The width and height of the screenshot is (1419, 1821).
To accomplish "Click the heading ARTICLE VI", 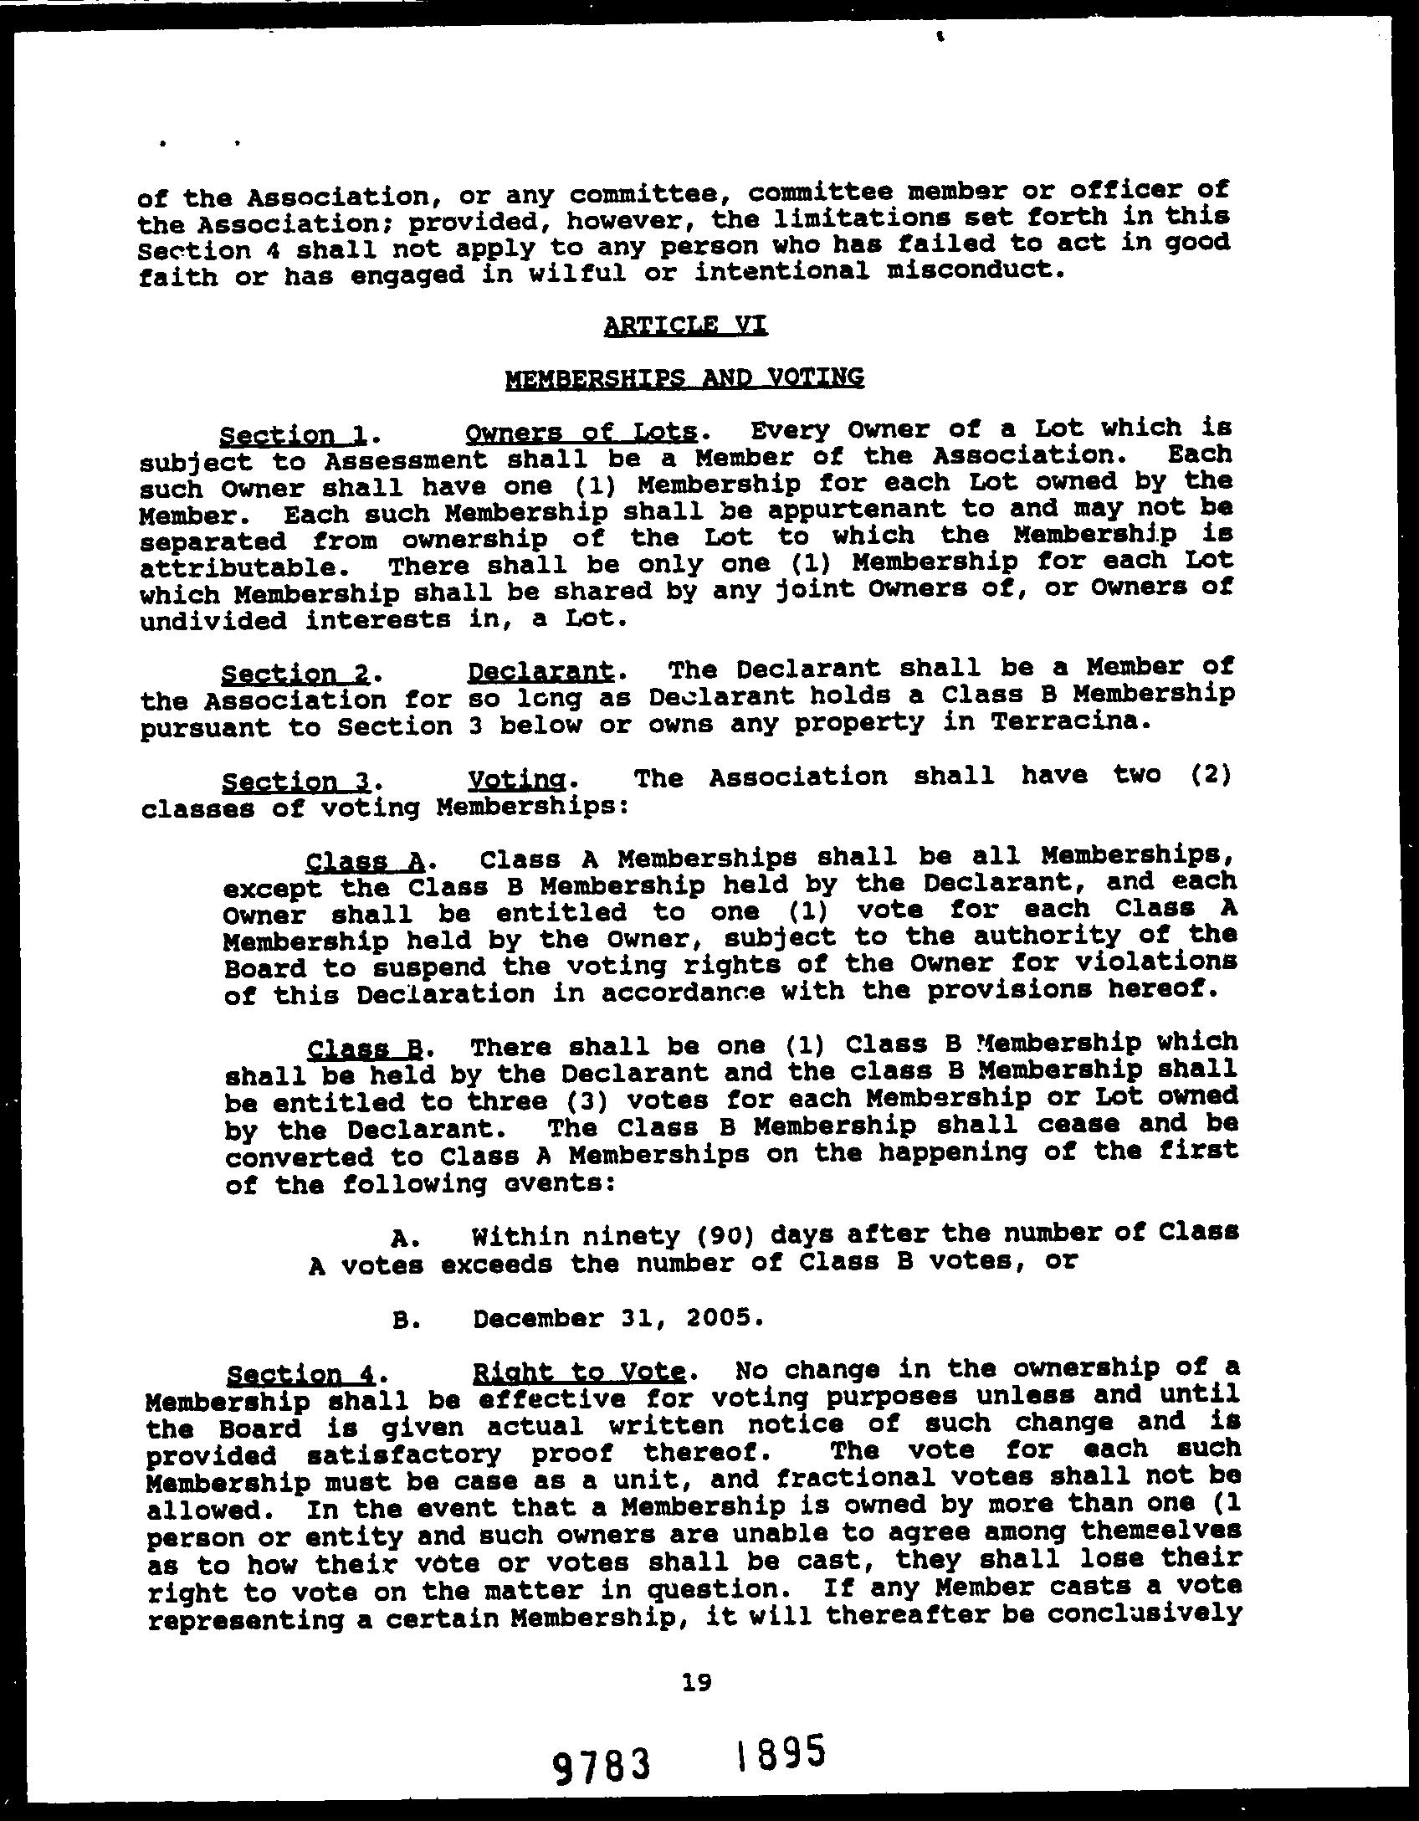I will click(x=684, y=325).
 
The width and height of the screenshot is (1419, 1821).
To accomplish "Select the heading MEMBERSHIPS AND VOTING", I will click(x=684, y=378).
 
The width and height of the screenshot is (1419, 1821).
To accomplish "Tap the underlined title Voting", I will click(x=515, y=781).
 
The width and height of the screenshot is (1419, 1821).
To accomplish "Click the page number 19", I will click(x=695, y=1680).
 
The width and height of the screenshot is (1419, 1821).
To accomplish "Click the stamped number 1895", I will click(x=781, y=1752).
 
